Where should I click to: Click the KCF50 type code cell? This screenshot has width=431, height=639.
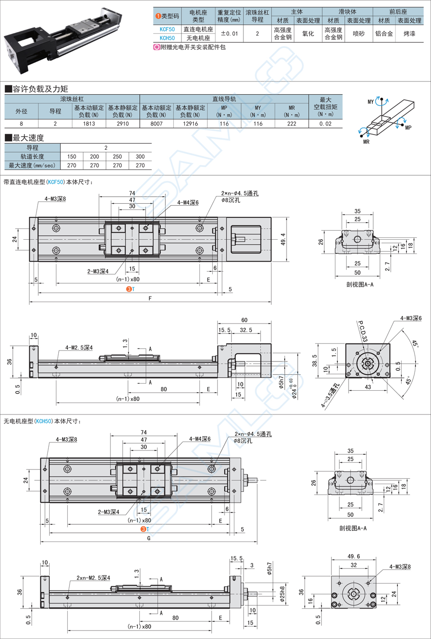[167, 29]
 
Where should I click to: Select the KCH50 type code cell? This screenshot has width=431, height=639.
[167, 38]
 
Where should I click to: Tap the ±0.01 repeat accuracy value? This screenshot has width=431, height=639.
[229, 34]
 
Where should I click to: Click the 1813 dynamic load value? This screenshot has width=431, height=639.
[89, 124]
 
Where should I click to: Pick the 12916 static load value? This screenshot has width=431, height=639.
[190, 124]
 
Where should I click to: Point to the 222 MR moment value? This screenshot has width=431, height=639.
[291, 124]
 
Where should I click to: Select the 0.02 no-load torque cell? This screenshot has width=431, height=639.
[325, 124]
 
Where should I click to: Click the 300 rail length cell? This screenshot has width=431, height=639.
[140, 156]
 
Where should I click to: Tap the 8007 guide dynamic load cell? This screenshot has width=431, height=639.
[156, 124]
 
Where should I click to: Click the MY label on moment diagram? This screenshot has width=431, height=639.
[370, 102]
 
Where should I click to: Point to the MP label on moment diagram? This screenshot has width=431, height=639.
[408, 127]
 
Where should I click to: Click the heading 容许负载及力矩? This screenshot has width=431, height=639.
[40, 89]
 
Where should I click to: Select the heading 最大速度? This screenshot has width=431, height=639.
[28, 138]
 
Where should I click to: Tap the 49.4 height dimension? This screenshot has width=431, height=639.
[283, 239]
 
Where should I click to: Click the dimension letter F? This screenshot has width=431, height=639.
[150, 299]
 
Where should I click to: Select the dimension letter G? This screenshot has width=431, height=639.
[149, 539]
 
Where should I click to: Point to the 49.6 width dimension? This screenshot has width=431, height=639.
[353, 557]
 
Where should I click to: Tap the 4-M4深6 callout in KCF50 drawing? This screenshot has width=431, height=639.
[188, 203]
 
